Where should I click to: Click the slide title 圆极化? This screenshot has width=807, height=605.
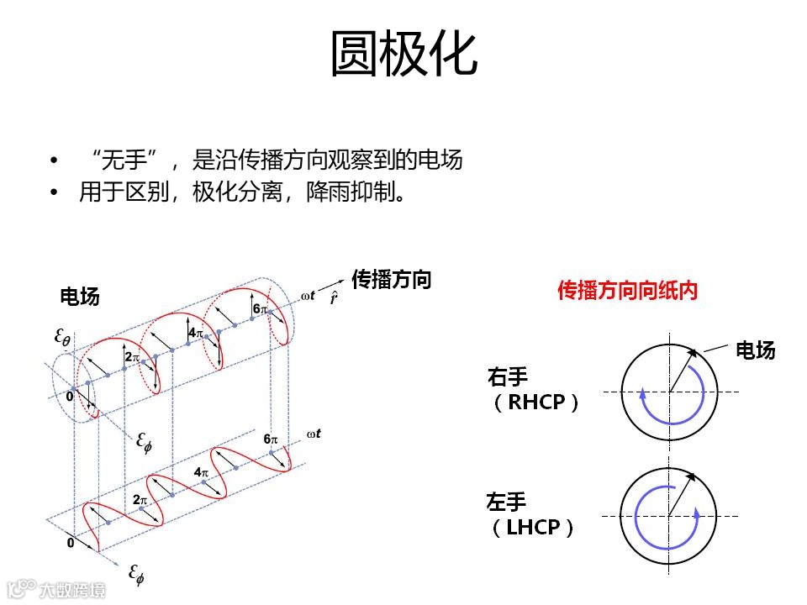pyautogui.click(x=403, y=55)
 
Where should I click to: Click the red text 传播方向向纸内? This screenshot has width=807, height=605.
pyautogui.click(x=628, y=291)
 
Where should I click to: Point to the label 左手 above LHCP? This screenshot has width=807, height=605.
pyautogui.click(x=507, y=502)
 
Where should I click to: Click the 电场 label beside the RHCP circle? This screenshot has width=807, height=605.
pyautogui.click(x=755, y=350)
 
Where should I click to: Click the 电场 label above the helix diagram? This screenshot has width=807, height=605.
pyautogui.click(x=80, y=296)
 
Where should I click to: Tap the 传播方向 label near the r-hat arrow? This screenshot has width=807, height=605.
pyautogui.click(x=391, y=279)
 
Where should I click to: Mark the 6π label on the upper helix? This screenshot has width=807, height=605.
pyautogui.click(x=260, y=309)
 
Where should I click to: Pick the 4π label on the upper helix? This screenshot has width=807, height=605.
pyautogui.click(x=195, y=333)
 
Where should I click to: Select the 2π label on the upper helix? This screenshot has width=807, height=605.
pyautogui.click(x=131, y=357)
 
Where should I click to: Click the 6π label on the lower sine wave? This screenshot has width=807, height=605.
pyautogui.click(x=270, y=439)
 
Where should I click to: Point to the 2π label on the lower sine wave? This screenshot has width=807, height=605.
pyautogui.click(x=140, y=499)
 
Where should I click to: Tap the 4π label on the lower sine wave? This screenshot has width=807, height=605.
pyautogui.click(x=201, y=472)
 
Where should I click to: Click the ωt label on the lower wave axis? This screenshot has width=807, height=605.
pyautogui.click(x=314, y=434)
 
